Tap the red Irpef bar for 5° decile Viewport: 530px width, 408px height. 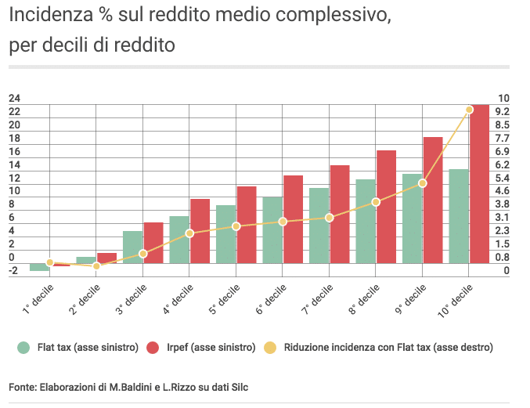[x=247, y=225]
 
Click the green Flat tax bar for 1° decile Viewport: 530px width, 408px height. [x=39, y=267]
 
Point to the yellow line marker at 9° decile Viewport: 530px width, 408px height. [x=423, y=183]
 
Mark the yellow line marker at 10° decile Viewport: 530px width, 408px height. [x=469, y=110]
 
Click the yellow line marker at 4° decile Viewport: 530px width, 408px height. [x=189, y=233]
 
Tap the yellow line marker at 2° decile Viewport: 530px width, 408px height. [x=96, y=266]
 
